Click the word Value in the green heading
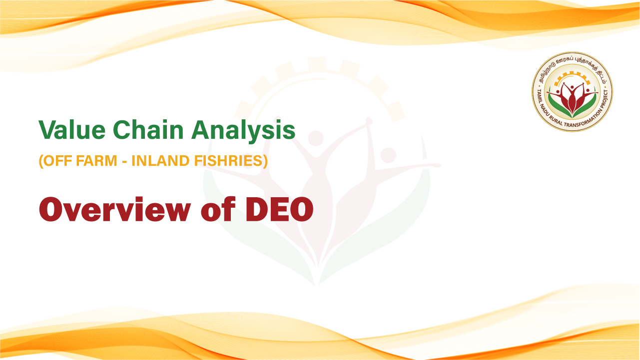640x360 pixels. coord(72,130)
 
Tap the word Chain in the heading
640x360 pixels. coord(148,130)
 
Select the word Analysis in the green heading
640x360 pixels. coord(243,131)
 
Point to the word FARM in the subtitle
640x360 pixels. coord(97,161)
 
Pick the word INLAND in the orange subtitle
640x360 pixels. coord(161,161)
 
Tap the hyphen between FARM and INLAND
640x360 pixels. coord(124,162)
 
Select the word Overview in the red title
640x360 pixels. coord(115,209)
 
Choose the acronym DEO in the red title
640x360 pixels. coord(279,209)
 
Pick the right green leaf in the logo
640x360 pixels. coord(586,106)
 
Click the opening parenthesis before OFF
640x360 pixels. coord(41,161)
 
